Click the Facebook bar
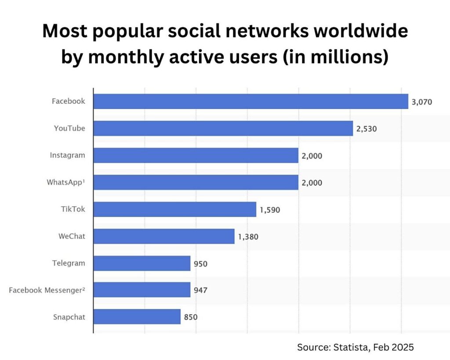250,102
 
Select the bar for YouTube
223,128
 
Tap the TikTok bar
174,209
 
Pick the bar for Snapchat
137,316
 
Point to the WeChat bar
164,236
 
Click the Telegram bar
142,263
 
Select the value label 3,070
422,102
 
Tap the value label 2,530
367,129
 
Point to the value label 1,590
270,210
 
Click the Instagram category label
67,155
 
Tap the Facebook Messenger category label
47,290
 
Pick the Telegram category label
68,263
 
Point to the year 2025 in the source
403,347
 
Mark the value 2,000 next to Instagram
312,156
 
